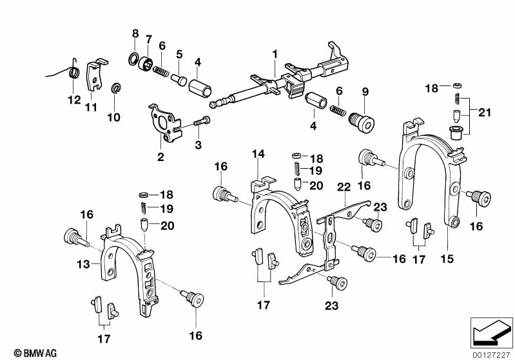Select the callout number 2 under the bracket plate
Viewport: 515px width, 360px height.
pyautogui.click(x=160, y=156)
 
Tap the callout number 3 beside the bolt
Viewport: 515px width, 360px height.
pyautogui.click(x=199, y=145)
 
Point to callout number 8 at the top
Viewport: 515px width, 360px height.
pyautogui.click(x=135, y=33)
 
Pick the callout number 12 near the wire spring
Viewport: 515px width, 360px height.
pyautogui.click(x=72, y=100)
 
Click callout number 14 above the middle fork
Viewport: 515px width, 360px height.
pyautogui.click(x=258, y=154)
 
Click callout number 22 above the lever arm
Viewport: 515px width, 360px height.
pyautogui.click(x=344, y=187)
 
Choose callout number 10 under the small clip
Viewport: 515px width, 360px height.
pyautogui.click(x=113, y=117)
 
